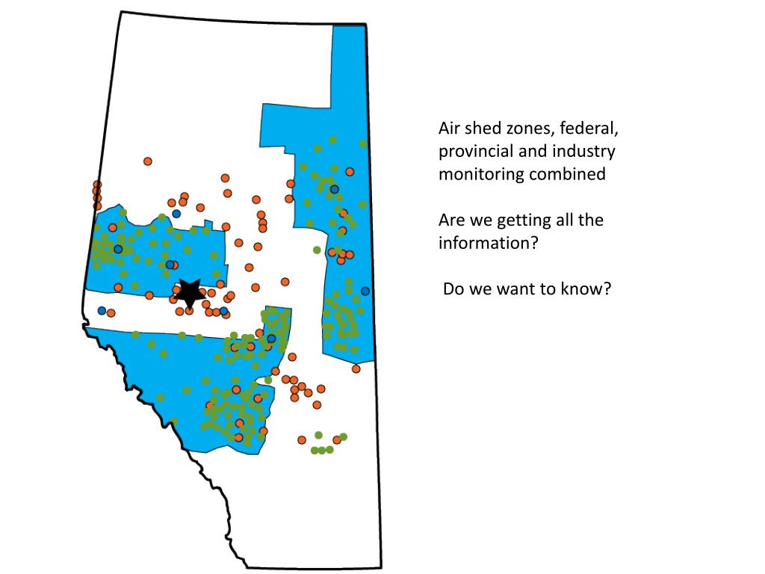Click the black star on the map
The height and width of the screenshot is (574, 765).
coord(189,292)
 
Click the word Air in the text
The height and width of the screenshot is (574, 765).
coord(450,129)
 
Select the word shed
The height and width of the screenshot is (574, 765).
coord(485,129)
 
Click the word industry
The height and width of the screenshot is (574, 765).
coord(583,152)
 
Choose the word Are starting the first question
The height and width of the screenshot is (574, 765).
coord(452,220)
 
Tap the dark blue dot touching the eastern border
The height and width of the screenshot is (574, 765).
coord(365,291)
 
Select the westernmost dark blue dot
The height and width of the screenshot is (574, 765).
coord(102,311)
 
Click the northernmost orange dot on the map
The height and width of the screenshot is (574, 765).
coord(148,161)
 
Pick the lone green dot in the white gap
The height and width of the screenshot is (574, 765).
coord(317,250)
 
